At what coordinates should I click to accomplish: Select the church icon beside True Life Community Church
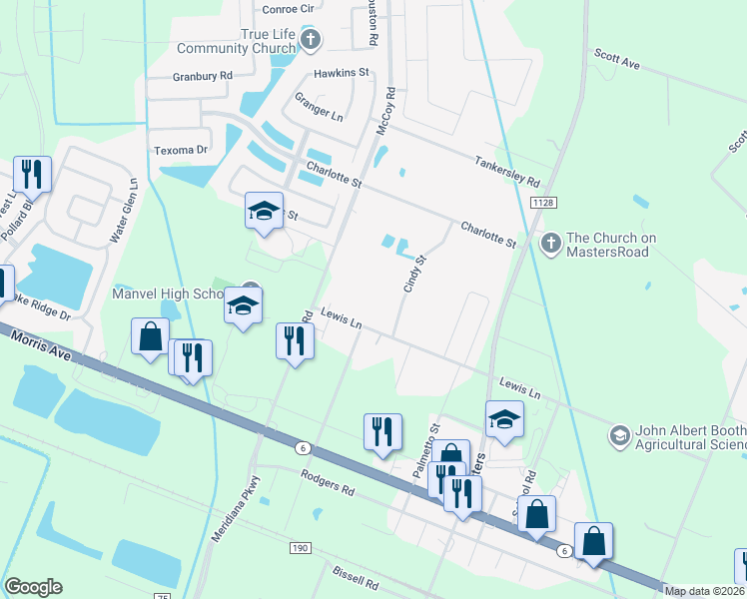coord(311,40)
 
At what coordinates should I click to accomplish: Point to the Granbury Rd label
coord(202,76)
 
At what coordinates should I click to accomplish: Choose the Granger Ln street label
coord(318,108)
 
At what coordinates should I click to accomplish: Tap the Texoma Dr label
coord(181,150)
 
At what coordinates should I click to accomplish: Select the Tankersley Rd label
coord(507,170)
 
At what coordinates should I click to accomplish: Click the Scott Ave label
coord(616,62)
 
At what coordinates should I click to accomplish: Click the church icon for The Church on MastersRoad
coord(550,243)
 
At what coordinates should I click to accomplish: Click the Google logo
coord(34,587)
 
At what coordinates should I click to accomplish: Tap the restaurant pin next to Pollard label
coord(33,174)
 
